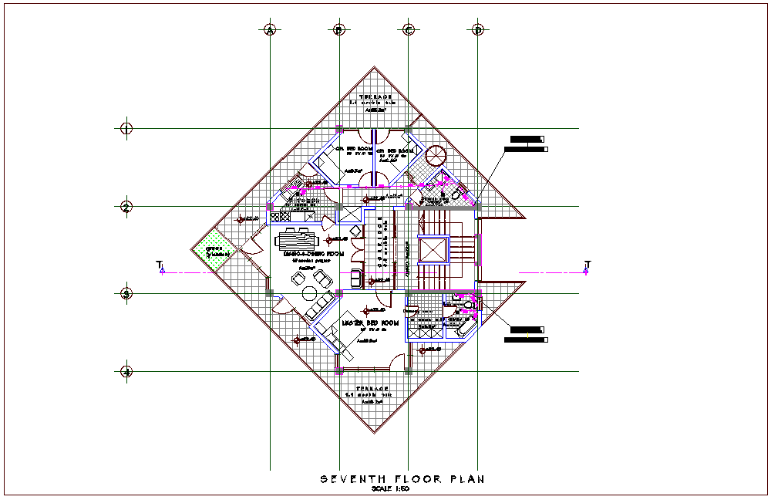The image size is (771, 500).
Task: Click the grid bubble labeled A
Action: click(270, 30)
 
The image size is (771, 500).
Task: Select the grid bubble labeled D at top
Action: click(478, 30)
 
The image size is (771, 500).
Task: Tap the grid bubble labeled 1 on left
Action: click(127, 128)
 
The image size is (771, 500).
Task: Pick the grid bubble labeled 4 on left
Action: click(127, 372)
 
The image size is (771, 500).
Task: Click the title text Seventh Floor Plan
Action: click(402, 479)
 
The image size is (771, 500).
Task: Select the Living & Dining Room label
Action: click(313, 254)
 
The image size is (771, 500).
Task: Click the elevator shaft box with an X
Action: click(432, 251)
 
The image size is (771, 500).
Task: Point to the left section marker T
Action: click(161, 268)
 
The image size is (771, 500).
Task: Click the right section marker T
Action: click(587, 268)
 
